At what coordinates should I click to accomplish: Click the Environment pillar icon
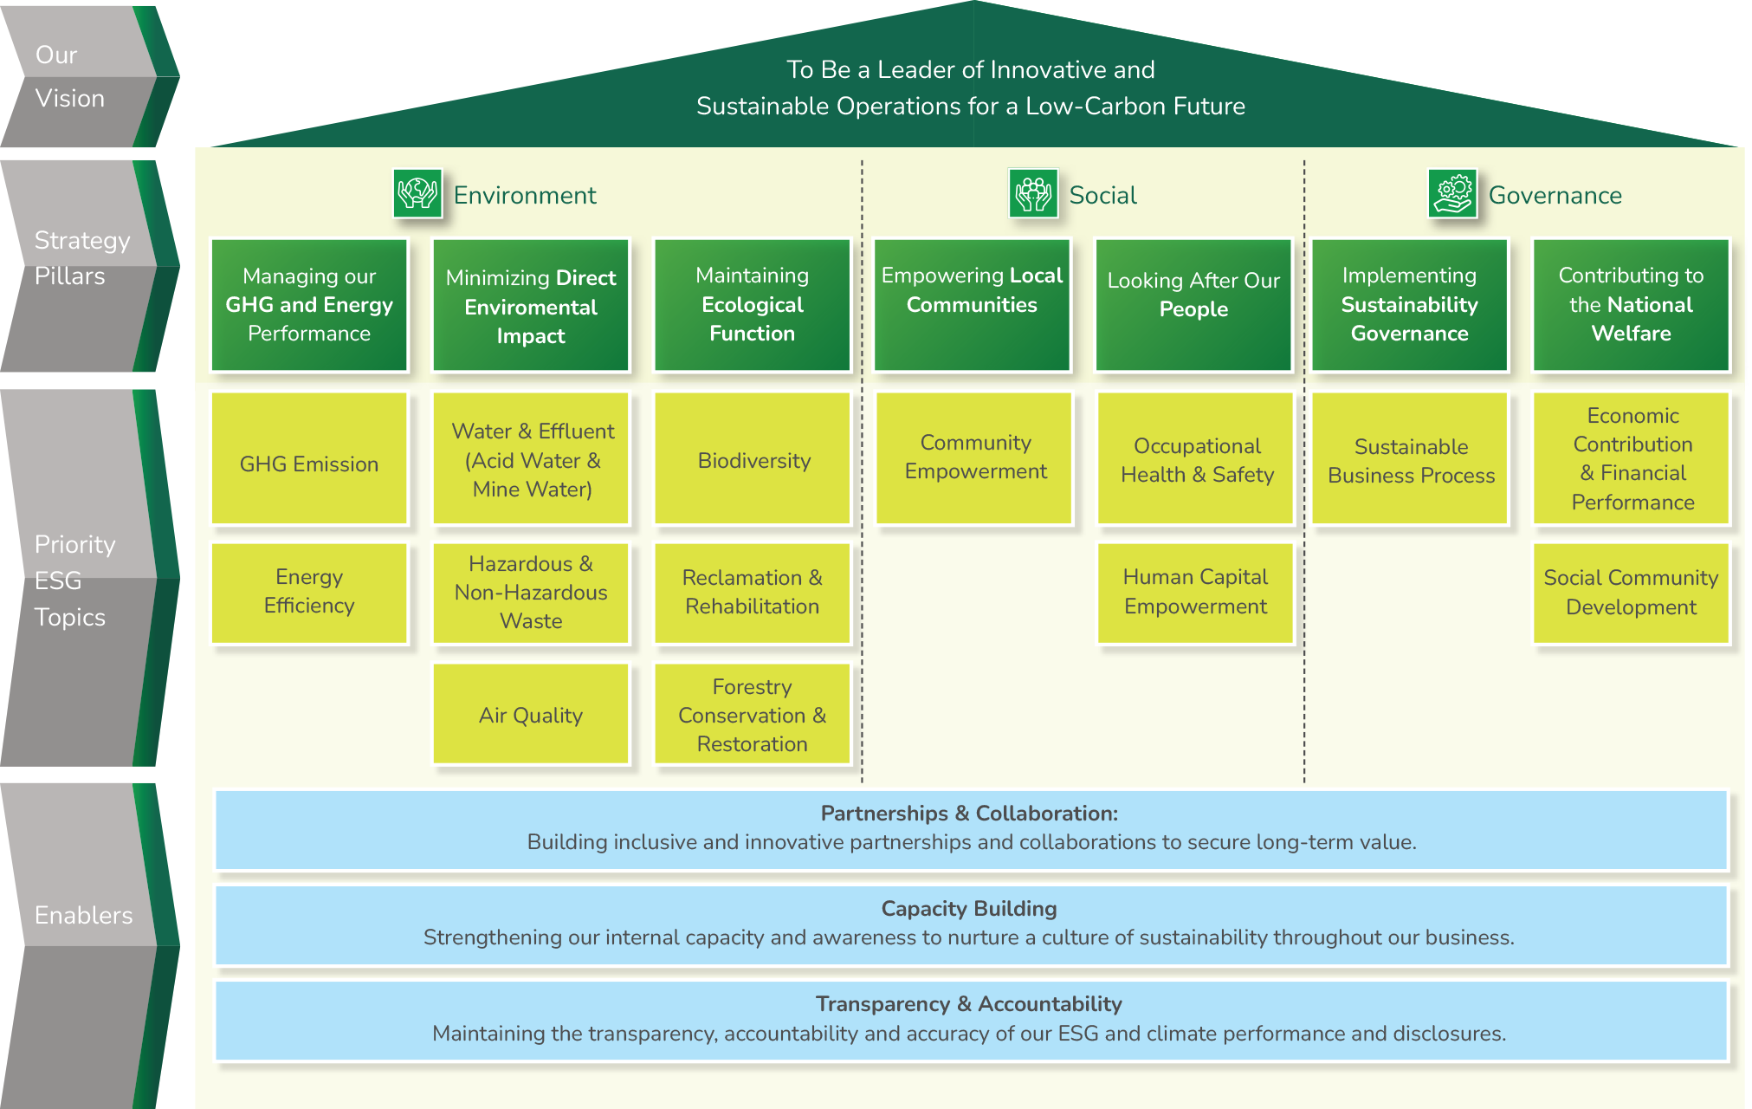[417, 193]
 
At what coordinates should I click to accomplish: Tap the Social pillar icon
[1033, 193]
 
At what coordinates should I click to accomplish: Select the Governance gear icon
[1452, 193]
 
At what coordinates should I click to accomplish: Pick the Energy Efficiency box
[309, 593]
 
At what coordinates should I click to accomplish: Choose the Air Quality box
[531, 715]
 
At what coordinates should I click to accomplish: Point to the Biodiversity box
[753, 459]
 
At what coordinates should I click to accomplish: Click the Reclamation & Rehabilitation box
[753, 593]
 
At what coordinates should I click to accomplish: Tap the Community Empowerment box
[975, 457]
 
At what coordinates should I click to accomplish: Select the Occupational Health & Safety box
[1197, 459]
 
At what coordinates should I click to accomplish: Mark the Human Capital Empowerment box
[1195, 593]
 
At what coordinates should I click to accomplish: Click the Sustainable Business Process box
[1411, 459]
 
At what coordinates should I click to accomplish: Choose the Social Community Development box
[1631, 593]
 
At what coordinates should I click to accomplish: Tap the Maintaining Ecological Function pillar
[753, 304]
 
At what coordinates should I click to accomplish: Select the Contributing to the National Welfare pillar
[1631, 304]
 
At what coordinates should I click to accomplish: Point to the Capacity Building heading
[969, 909]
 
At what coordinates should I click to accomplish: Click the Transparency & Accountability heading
[969, 1004]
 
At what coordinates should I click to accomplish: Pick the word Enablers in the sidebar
[84, 916]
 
